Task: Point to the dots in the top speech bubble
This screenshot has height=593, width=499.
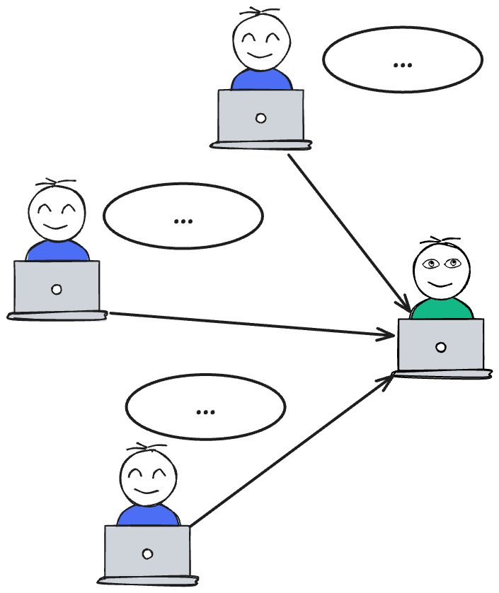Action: pos(402,65)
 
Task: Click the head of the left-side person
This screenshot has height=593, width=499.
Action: pos(57,212)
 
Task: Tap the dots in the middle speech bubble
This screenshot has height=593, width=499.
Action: pos(183,221)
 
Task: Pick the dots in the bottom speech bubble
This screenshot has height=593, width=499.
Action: pos(205,411)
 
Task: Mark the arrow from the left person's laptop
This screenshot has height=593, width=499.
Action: pos(248,324)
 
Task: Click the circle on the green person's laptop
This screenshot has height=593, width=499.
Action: pos(441,347)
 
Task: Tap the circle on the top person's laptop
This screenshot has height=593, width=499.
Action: pos(260,118)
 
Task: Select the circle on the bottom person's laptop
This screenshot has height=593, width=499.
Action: pos(147,553)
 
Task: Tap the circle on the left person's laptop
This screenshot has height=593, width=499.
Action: pos(57,289)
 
